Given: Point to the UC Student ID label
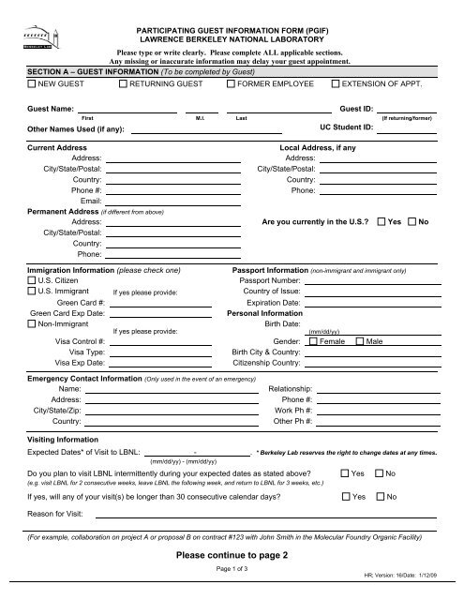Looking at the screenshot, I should pos(348,125).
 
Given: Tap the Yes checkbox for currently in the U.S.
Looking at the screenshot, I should pos(380,221).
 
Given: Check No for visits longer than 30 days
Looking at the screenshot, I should pos(380,495).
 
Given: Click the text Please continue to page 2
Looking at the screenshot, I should pos(232,555).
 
